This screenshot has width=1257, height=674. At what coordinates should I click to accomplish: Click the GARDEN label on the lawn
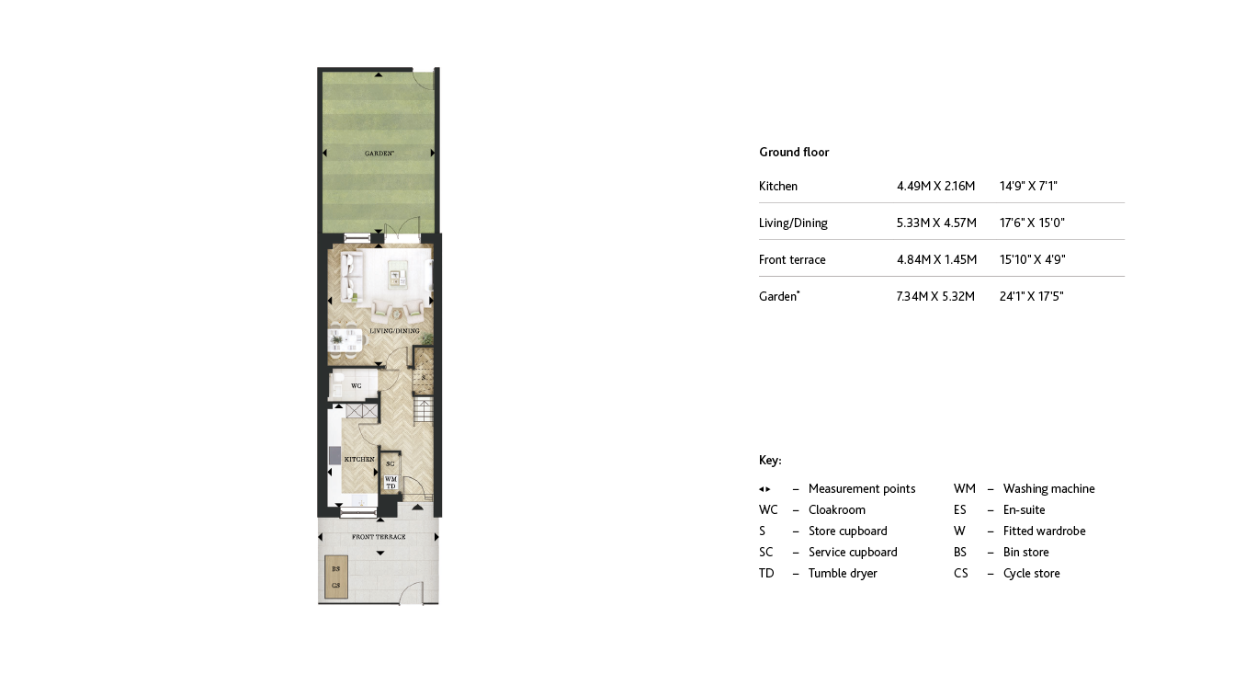click(x=378, y=154)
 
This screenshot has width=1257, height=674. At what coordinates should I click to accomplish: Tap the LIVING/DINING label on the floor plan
click(x=394, y=331)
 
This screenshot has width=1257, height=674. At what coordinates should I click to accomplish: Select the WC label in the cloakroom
click(x=357, y=386)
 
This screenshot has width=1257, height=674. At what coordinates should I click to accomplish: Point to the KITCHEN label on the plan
click(x=359, y=459)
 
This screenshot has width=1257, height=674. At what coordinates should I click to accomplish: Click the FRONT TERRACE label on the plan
click(x=379, y=537)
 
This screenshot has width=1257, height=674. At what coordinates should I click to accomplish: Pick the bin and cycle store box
click(x=336, y=577)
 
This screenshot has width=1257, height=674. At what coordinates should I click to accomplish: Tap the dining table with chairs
click(x=345, y=340)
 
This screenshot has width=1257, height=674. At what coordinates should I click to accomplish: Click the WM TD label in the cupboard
click(x=391, y=482)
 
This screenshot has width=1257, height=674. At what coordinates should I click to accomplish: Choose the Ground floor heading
click(x=794, y=153)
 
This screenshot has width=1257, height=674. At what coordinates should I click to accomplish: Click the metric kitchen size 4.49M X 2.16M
click(x=935, y=187)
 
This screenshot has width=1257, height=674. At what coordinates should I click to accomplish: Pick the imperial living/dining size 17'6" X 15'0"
click(x=1032, y=223)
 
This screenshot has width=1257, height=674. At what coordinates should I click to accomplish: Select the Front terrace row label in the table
click(x=792, y=260)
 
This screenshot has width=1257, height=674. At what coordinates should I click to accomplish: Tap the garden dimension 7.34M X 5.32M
click(x=935, y=297)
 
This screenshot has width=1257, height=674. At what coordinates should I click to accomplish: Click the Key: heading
click(x=770, y=461)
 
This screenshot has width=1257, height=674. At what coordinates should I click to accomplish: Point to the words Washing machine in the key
click(x=1048, y=489)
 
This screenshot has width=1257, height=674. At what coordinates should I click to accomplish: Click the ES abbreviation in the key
click(x=960, y=510)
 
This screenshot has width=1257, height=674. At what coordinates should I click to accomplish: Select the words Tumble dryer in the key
click(x=843, y=574)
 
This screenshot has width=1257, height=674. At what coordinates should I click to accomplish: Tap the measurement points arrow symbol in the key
click(x=764, y=489)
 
